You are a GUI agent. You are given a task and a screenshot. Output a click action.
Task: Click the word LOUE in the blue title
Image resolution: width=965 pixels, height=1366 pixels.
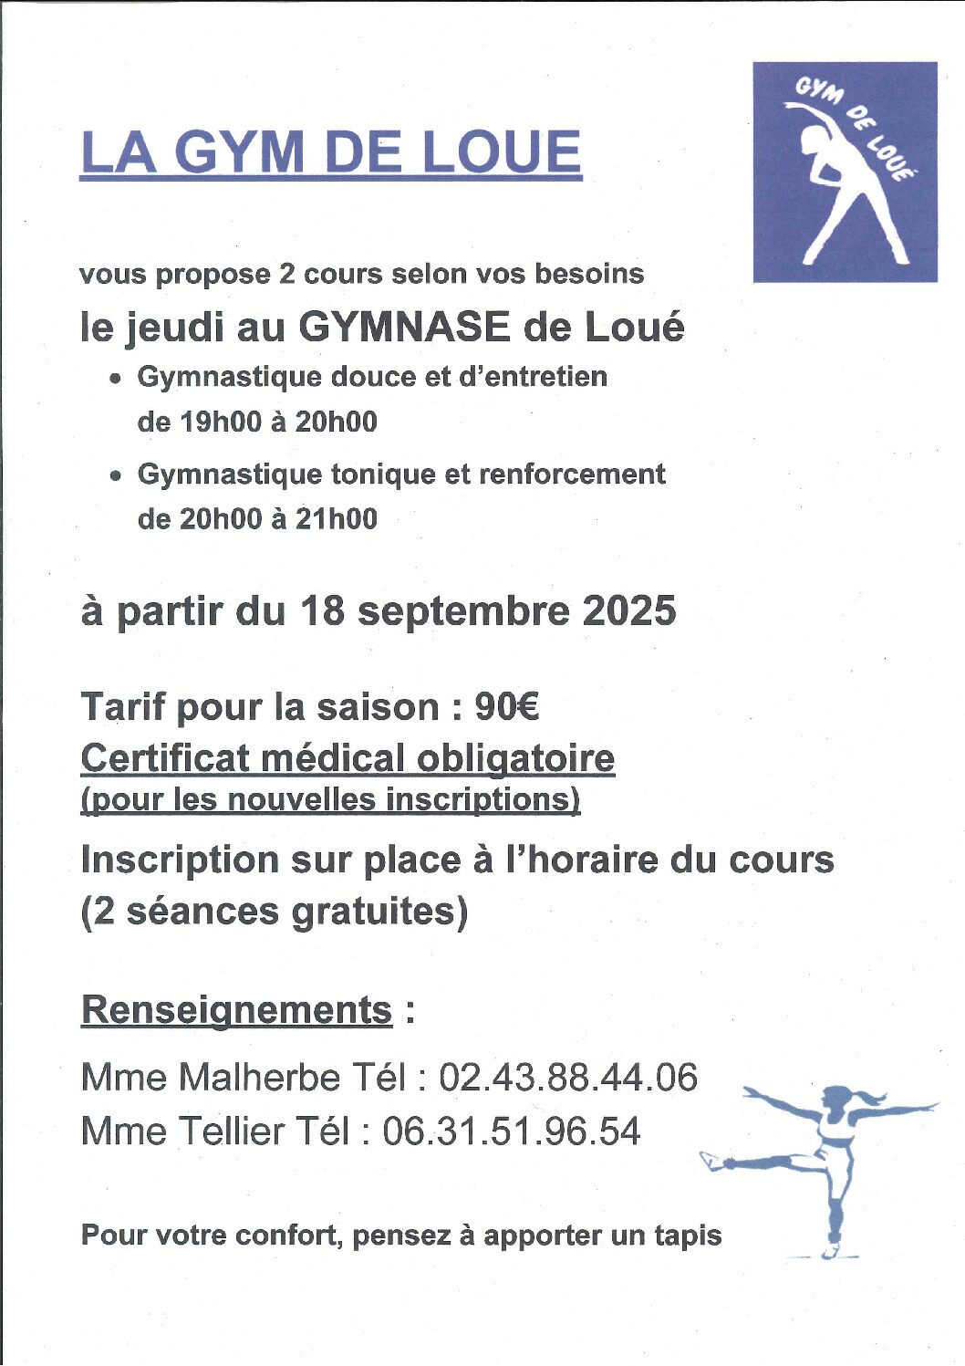(503, 152)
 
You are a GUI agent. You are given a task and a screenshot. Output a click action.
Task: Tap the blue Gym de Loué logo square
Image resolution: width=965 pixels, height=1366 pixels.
(845, 172)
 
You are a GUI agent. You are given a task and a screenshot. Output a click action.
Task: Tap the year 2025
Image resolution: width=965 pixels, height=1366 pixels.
(629, 610)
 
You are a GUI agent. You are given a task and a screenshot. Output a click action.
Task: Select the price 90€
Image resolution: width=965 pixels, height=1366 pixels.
(507, 707)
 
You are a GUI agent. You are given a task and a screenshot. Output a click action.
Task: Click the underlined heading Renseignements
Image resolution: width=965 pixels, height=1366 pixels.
(236, 1010)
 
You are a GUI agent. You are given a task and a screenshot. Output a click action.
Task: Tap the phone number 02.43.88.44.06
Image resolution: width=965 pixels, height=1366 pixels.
(568, 1078)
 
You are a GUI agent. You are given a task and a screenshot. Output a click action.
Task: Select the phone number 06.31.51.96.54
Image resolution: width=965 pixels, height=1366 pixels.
(511, 1131)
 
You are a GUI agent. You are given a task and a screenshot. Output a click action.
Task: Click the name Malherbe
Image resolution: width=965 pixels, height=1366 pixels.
(259, 1078)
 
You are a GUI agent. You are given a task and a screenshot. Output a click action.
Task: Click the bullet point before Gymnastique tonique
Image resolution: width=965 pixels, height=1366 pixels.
(115, 475)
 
